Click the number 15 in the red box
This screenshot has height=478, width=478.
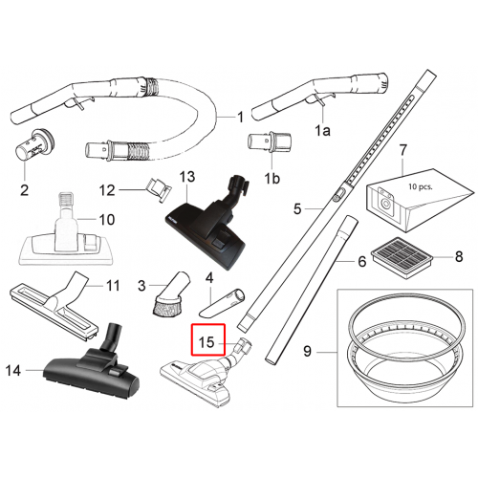pos(206,342)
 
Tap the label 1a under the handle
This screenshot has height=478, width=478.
pos(322,130)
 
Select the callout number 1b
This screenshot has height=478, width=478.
pos(272,179)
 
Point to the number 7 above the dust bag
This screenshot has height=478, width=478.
pos(403,150)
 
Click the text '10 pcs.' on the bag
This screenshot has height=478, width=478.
pos(421,186)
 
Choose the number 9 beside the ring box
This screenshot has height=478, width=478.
pos(307,351)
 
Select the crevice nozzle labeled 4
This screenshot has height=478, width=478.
pos(223,302)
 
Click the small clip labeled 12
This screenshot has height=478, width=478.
pos(159,189)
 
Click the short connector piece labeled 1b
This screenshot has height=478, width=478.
pos(270,141)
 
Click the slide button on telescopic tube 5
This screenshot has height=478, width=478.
pos(338,195)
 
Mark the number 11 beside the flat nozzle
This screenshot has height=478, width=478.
pos(113,286)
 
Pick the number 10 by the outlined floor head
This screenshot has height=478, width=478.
pos(107,220)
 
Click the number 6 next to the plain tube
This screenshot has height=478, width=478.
pos(362,262)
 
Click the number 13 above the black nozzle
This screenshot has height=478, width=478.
pos(187,177)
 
